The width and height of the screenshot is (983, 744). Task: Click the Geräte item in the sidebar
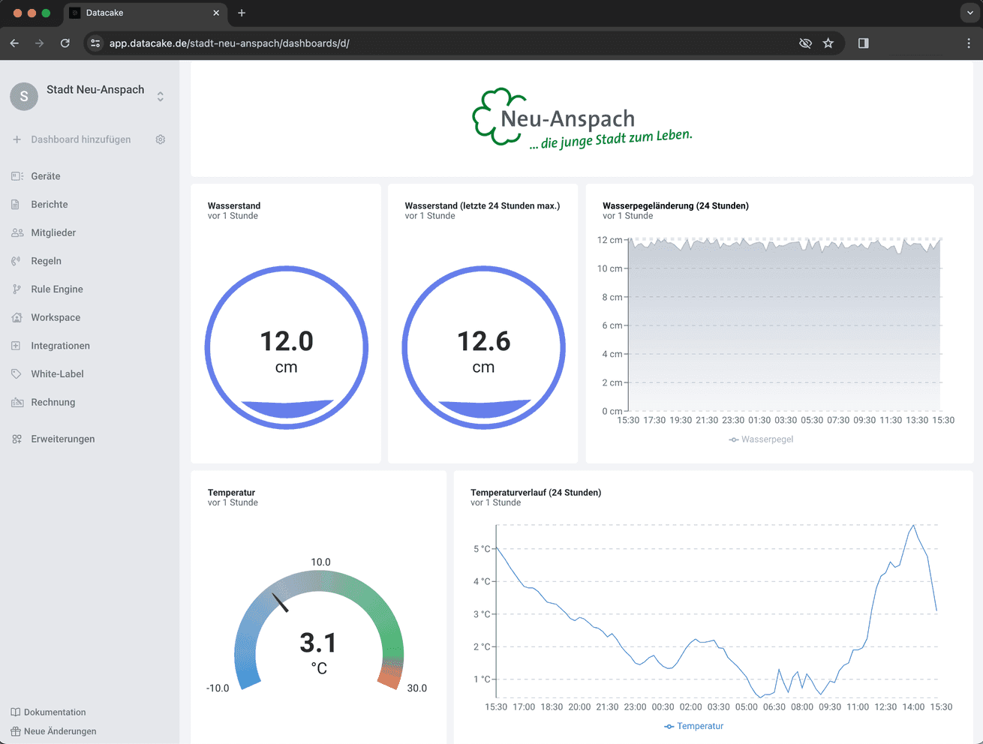coord(45,176)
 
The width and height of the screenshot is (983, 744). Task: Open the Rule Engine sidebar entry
coord(56,289)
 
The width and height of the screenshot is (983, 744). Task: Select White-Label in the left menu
coord(57,373)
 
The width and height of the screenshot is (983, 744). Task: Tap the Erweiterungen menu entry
coord(62,439)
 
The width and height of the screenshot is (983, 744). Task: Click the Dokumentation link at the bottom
coord(55,712)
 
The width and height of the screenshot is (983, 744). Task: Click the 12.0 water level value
coord(287,341)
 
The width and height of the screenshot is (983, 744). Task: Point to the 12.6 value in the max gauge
coord(484,341)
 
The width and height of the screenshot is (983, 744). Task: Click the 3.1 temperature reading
coord(318,643)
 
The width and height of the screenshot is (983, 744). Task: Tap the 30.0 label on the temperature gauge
coord(416,688)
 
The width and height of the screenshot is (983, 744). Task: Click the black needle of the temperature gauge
coord(281,602)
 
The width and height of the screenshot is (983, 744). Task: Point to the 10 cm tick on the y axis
coord(609,268)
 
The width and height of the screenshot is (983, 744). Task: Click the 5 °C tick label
coord(482,549)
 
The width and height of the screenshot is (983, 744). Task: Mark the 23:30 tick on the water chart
coord(733,420)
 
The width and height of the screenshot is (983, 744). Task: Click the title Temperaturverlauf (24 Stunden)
coord(536,493)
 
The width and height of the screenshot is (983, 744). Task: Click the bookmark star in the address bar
coord(828,43)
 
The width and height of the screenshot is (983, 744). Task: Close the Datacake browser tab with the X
coord(216,13)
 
